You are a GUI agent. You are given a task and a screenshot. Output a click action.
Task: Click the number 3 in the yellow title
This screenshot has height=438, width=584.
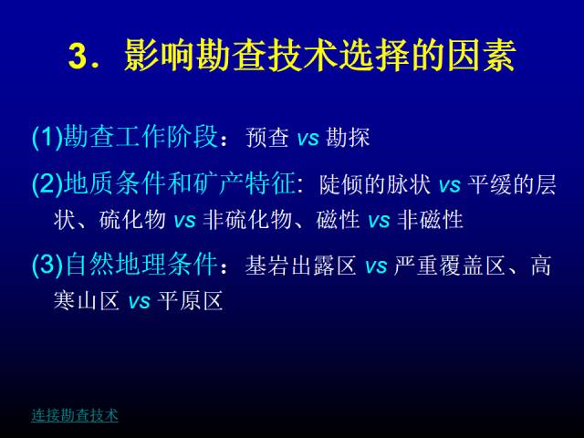pos(78,57)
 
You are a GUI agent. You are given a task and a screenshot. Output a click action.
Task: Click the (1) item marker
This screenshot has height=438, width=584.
pos(47,137)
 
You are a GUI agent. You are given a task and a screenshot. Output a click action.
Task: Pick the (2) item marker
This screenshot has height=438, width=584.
pos(47,183)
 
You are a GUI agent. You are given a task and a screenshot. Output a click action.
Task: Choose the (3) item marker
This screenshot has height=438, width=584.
pos(47,265)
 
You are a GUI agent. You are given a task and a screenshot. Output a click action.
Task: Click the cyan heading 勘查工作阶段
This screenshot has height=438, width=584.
pos(141,137)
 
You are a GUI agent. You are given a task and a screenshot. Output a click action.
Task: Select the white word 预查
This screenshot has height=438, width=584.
pos(267,137)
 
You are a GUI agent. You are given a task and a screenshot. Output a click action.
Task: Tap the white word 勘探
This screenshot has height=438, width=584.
pos(348,137)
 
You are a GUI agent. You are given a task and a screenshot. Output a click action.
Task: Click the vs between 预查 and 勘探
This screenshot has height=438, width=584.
pos(308,139)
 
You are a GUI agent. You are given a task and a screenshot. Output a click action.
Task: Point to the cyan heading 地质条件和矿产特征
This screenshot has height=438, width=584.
pos(180,183)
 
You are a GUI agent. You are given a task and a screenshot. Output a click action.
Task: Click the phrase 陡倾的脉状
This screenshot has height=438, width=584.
pos(375,184)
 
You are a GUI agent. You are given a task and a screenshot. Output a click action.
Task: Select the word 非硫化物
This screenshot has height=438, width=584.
pos(247,219)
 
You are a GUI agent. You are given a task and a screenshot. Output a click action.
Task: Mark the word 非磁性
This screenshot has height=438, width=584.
pos(431,219)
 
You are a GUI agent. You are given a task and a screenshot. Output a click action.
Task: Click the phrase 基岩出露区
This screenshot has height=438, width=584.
pos(301,266)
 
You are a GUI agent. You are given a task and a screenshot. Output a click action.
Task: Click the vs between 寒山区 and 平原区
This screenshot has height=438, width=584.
pos(140,302)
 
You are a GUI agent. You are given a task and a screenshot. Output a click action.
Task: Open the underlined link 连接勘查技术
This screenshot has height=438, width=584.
pos(75,415)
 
